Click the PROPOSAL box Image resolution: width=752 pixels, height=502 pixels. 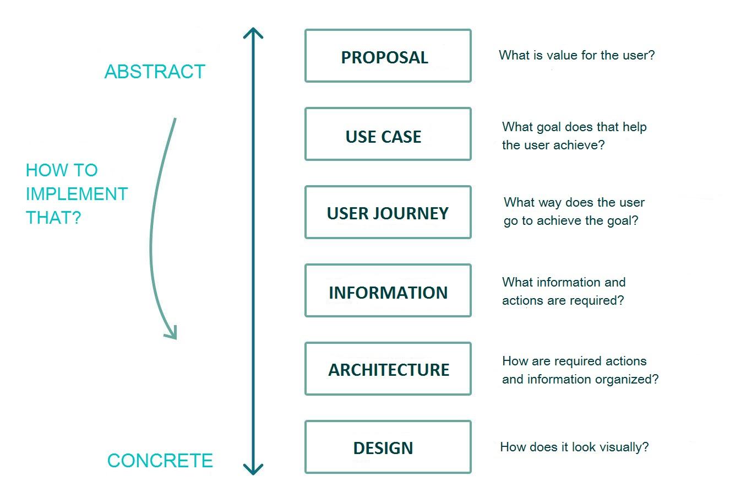(388, 56)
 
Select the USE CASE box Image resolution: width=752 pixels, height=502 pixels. (388, 134)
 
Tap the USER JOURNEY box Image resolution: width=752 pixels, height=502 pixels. (388, 213)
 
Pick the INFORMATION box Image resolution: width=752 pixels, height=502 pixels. (388, 291)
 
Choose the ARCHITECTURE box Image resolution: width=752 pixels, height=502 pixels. (388, 369)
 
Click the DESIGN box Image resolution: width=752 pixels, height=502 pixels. (388, 447)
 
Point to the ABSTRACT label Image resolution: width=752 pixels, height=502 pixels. (155, 72)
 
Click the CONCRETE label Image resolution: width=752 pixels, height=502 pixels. (160, 461)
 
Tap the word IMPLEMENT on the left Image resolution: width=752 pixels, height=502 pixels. (77, 194)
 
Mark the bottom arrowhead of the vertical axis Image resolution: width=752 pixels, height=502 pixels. (253, 470)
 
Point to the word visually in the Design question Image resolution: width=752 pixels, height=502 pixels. (623, 447)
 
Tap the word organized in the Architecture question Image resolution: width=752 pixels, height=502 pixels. (625, 379)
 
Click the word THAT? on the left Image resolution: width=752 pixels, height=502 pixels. (53, 218)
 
